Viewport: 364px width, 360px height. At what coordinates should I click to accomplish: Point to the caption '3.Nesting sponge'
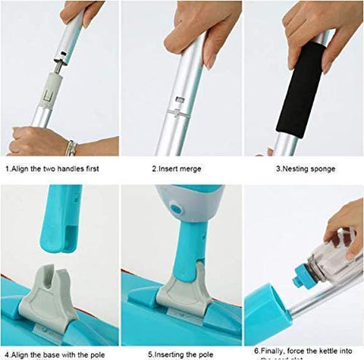301,168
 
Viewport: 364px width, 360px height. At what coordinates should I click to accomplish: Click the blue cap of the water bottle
302,274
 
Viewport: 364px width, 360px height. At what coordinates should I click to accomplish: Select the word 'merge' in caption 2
190,168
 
